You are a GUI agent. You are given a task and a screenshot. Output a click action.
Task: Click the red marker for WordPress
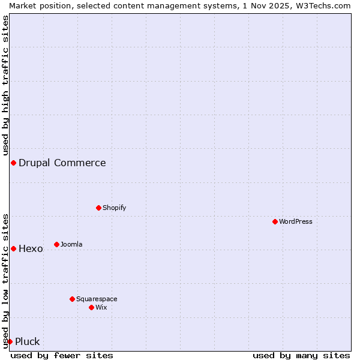(x=275, y=221)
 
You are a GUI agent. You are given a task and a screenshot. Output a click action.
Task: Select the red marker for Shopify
(x=98, y=208)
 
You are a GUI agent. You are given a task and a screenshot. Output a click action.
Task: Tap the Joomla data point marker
(x=56, y=244)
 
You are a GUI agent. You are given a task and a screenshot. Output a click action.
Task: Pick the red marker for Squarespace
(x=72, y=299)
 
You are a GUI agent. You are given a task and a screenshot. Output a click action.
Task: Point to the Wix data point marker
(x=91, y=307)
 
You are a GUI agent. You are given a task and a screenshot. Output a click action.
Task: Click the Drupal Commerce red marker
(x=13, y=163)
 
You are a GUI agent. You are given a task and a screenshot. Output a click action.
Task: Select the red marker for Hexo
(x=13, y=248)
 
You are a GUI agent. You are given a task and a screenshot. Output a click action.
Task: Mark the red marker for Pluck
(x=10, y=341)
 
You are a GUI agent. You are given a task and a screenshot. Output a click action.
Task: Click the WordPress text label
(x=296, y=221)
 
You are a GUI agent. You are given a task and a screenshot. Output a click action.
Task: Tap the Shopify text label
(x=114, y=208)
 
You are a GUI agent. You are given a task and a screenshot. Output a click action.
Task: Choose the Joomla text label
(x=71, y=244)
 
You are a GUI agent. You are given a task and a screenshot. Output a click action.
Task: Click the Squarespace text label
(x=97, y=299)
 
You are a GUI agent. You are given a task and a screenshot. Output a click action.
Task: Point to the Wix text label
(x=101, y=307)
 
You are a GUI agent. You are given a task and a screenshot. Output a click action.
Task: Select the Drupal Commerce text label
(x=62, y=163)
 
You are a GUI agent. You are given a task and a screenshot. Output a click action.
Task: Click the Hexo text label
(x=31, y=248)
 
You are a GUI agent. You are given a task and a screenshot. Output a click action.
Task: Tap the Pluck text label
(x=27, y=341)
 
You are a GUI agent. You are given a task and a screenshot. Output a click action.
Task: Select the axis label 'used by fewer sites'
(x=62, y=355)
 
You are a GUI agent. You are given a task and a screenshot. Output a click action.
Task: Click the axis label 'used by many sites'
(x=301, y=355)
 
